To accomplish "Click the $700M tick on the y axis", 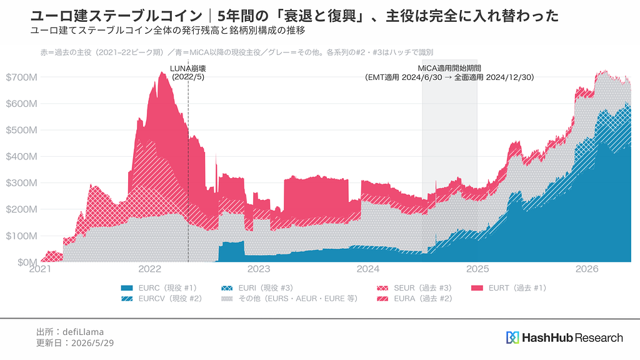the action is (x=21, y=77).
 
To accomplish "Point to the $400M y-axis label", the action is (x=21, y=156).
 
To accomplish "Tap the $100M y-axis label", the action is (x=21, y=236).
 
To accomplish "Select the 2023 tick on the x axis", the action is (x=259, y=269).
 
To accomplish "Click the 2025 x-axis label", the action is (x=477, y=269).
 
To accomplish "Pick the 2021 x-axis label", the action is (x=40, y=269).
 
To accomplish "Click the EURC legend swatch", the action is (x=127, y=288).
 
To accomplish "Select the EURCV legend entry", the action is (x=162, y=299).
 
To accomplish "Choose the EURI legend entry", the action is (x=257, y=288).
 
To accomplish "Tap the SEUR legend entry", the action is (x=414, y=288).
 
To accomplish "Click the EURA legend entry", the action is (x=414, y=299).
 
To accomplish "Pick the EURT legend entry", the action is (x=509, y=288).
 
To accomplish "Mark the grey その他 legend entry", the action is (x=289, y=299).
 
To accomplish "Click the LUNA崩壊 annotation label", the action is (x=187, y=69).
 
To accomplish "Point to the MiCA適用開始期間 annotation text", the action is (x=449, y=68).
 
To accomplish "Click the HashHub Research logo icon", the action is (x=512, y=337).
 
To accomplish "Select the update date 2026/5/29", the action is (x=92, y=343).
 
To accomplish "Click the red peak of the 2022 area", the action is (x=162, y=72).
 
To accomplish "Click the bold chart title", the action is (x=294, y=16).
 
